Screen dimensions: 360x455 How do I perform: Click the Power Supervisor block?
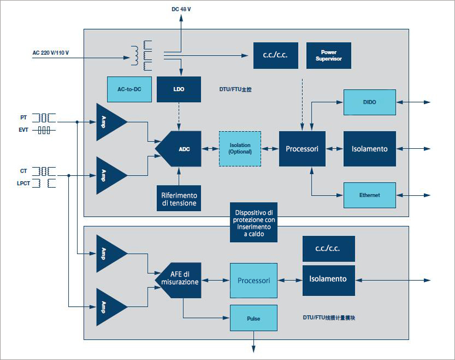point(329,55)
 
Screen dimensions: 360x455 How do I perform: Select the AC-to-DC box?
point(129,88)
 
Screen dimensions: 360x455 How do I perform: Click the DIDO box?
point(369,102)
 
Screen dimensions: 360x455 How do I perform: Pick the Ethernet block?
point(369,195)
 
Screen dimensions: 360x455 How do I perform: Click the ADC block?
point(179,149)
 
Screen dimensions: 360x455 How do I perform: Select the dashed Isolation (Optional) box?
point(239,149)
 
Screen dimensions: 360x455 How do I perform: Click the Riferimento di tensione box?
point(179,199)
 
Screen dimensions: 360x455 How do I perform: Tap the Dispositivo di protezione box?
point(253,222)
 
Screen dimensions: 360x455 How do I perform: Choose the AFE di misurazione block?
point(179,278)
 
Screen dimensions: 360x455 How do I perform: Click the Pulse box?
point(253,318)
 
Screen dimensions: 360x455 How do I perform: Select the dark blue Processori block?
point(302,149)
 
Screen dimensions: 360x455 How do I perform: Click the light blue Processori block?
point(253,281)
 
